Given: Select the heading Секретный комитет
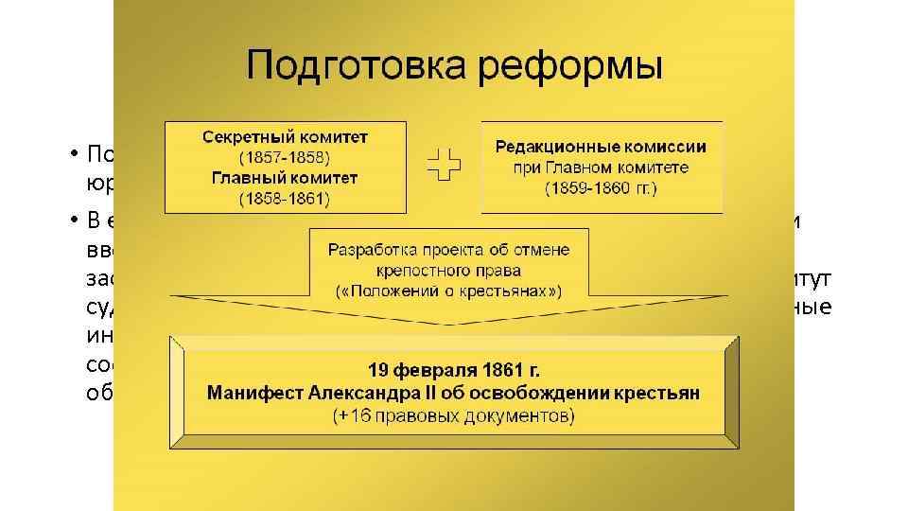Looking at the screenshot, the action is [285, 136].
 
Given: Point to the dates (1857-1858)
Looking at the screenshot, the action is [285, 156].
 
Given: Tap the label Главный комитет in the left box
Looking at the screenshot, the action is [285, 177].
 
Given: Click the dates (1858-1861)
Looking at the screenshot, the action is [285, 198].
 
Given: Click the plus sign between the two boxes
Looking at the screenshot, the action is [443, 167].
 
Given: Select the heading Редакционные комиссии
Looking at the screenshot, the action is [601, 147].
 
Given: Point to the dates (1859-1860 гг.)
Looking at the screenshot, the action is [601, 187].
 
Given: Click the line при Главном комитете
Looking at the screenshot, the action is [601, 167].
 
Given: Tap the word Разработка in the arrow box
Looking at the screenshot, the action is [373, 250].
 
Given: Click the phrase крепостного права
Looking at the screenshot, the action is [449, 271].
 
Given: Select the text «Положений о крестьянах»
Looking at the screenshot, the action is [449, 291].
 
